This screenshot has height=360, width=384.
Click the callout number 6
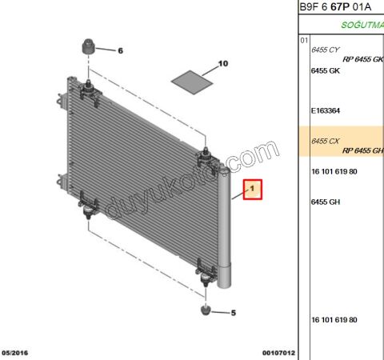coord(121,50)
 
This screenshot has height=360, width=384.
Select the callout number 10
coord(223,62)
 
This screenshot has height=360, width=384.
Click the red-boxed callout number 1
coord(252,189)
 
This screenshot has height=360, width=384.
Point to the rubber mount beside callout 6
coord(88,46)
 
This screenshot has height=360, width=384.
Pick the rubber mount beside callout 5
coord(206,309)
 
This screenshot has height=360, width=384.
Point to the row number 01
coord(304,39)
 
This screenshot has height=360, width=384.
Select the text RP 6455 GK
coord(362,59)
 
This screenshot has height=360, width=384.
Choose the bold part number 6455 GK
coord(325,70)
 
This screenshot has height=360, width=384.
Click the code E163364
coord(327,111)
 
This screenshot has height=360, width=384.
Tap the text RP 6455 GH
coord(362,150)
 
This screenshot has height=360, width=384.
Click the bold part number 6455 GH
coord(325,202)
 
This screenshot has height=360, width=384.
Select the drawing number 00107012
coord(278,352)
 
